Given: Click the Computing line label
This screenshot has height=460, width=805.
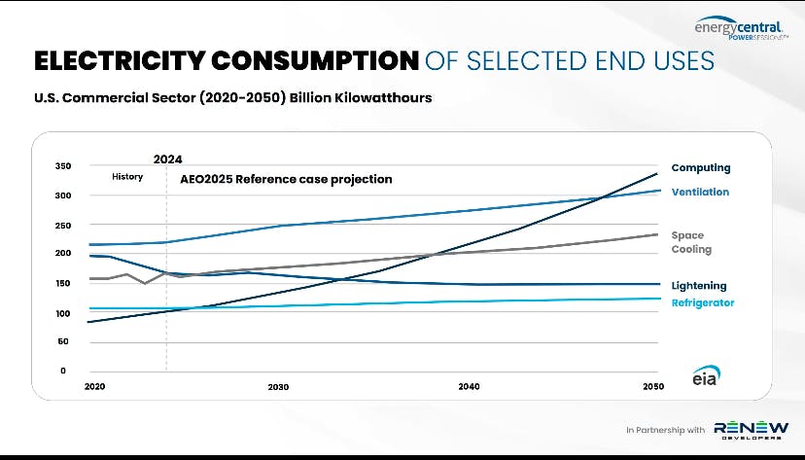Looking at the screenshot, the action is click(x=701, y=168).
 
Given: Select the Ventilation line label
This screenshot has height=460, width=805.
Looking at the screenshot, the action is click(x=700, y=192).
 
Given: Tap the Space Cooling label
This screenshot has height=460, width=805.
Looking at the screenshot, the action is click(x=691, y=242).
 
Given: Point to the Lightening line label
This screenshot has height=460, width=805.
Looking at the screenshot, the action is click(x=699, y=286).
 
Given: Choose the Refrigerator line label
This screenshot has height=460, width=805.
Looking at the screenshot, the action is click(x=703, y=302).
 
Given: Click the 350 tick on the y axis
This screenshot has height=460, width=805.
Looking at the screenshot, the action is click(x=63, y=166).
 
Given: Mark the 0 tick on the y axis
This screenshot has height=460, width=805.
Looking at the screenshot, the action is click(x=63, y=371).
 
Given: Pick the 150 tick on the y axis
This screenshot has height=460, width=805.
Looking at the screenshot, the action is click(x=63, y=283).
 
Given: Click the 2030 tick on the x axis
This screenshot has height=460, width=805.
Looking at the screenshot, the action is click(x=278, y=387).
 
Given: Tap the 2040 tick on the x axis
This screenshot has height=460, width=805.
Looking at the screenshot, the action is click(x=470, y=387).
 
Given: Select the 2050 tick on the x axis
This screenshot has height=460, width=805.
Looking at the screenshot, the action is click(x=653, y=387).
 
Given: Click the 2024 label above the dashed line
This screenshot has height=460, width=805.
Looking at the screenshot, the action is click(x=168, y=159).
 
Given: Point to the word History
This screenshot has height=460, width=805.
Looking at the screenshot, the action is click(x=127, y=177).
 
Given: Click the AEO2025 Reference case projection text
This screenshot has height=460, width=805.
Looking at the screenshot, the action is click(x=286, y=179).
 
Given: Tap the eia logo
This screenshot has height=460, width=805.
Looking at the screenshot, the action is click(x=706, y=375).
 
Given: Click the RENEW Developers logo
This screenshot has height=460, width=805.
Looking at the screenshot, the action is click(x=752, y=430).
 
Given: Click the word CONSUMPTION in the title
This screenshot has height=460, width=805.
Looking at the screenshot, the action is click(x=315, y=60).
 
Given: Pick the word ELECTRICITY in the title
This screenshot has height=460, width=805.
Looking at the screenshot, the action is click(x=120, y=60).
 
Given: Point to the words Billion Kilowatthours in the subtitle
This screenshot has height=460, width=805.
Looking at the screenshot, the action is click(x=361, y=97).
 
